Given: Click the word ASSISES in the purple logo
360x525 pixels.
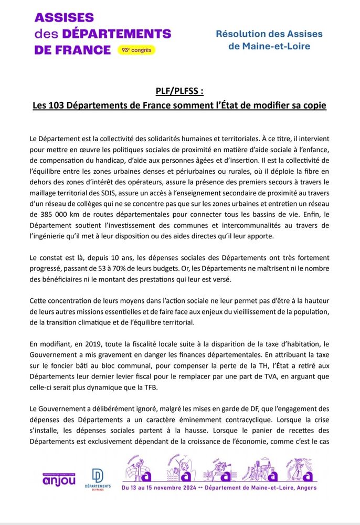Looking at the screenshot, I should click(x=64, y=18).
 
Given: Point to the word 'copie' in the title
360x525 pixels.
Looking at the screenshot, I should click(x=313, y=106).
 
